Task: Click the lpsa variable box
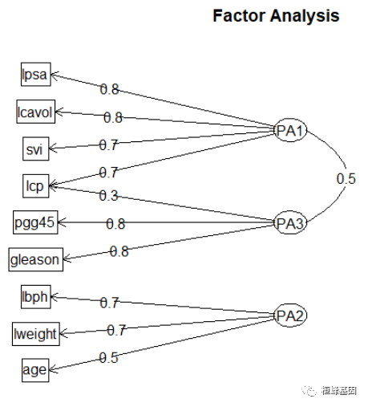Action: tap(35, 75)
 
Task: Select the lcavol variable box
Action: tap(35, 112)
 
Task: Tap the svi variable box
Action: tap(35, 149)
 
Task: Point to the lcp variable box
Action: tap(35, 185)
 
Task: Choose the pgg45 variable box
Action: tap(35, 222)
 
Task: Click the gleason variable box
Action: tap(35, 259)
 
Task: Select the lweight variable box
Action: tap(35, 333)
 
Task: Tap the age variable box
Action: tap(35, 370)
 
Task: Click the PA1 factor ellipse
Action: tap(289, 131)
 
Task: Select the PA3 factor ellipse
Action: tap(289, 222)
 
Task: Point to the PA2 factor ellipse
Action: tap(289, 314)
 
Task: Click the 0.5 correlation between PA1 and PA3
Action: tap(346, 179)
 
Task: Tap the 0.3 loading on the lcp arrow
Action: tap(108, 195)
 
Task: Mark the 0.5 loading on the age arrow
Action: tap(109, 358)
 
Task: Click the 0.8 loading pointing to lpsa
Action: tap(109, 89)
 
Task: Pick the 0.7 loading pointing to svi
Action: tap(108, 145)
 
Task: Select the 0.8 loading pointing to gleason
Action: tap(119, 251)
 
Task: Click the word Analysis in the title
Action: tap(301, 16)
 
